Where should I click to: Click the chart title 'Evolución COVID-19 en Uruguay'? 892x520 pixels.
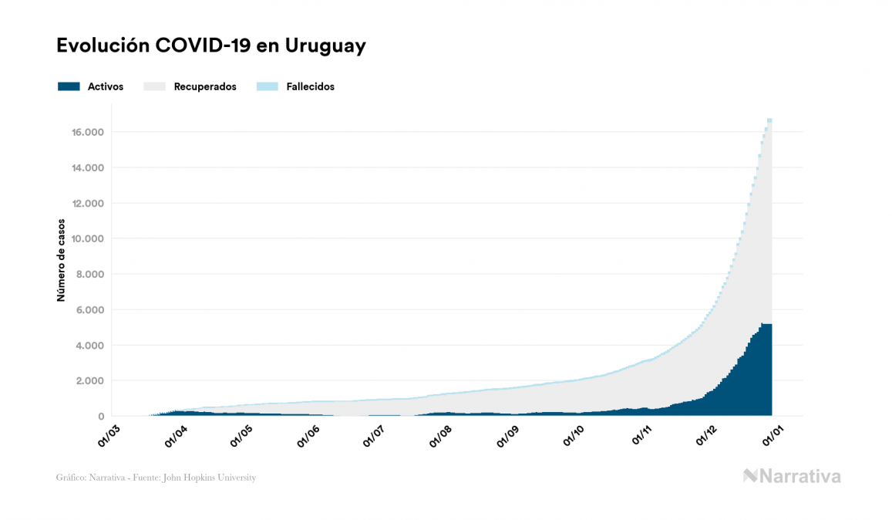[x=210, y=46]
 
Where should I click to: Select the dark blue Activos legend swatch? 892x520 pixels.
[x=69, y=86]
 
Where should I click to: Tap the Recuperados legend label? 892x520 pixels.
[x=205, y=86]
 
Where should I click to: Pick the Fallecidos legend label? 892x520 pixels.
[x=310, y=86]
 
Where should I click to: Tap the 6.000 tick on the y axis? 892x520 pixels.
[x=89, y=310]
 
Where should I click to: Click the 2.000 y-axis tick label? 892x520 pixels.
[x=89, y=381]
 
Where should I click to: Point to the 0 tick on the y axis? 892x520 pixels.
[x=100, y=417]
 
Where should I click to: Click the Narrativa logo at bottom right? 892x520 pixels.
[x=792, y=476]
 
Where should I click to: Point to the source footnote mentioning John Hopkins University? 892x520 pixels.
[x=156, y=478]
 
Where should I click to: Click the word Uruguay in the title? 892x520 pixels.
[x=325, y=46]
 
